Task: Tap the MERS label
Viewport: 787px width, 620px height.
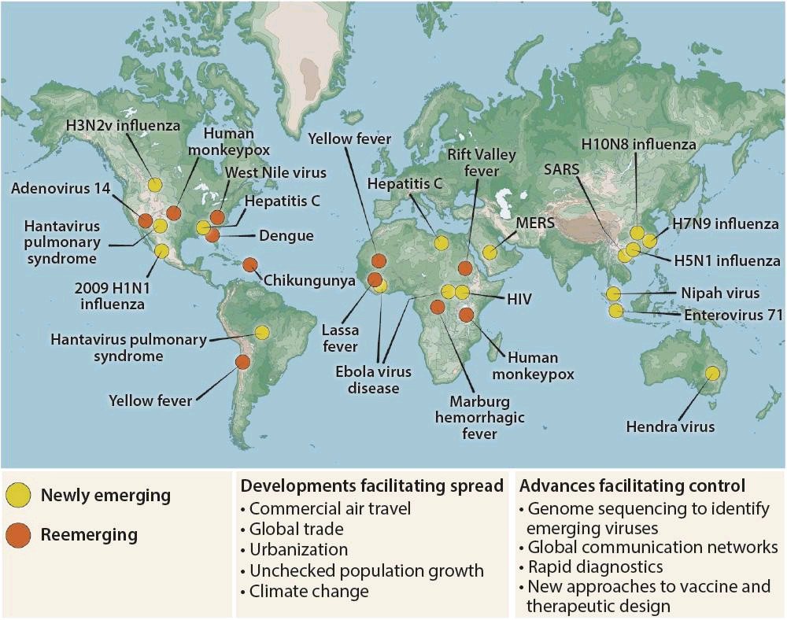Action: pos(535,223)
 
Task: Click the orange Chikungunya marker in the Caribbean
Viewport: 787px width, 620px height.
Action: pos(250,265)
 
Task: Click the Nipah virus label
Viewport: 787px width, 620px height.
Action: pos(722,293)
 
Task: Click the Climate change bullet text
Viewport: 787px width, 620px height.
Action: pos(309,591)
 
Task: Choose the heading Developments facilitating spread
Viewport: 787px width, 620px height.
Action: pos(371,485)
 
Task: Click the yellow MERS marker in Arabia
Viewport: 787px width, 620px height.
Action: pos(490,253)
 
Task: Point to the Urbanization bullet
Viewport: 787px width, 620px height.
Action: pos(298,550)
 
